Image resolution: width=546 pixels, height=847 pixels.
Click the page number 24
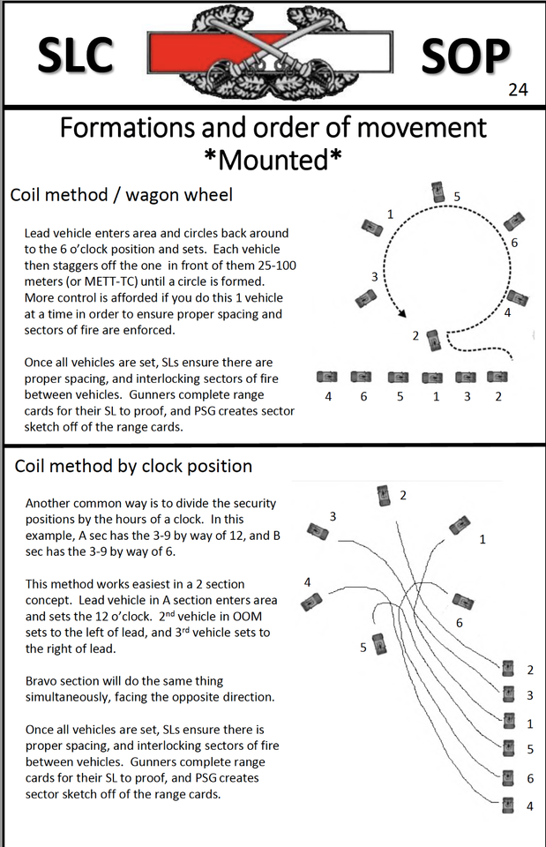click(518, 90)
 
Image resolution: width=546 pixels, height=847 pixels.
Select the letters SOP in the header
click(466, 55)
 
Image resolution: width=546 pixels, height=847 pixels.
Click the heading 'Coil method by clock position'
click(133, 466)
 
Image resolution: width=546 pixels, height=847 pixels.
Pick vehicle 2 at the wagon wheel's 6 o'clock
click(433, 338)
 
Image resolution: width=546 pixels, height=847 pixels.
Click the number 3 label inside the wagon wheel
click(374, 276)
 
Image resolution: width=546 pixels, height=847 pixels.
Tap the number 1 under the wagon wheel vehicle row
click(435, 396)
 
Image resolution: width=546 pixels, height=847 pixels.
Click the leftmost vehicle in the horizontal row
click(327, 377)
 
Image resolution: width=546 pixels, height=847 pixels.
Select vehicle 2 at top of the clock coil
click(384, 496)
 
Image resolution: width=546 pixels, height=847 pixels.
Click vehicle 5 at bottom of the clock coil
click(379, 643)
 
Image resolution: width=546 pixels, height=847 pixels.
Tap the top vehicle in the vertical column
click(507, 669)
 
